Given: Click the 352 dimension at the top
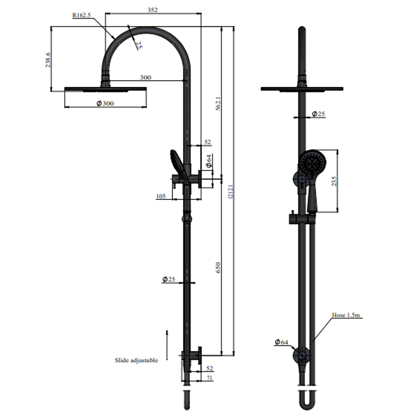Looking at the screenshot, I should coord(153,10).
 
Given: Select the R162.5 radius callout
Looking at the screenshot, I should coord(81,15).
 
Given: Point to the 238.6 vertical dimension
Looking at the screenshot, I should coord(48,60).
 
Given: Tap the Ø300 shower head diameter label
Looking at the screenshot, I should coord(105,103).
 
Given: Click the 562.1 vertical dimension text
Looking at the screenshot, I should coord(218,103).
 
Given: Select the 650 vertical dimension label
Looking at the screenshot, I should coord(218,267).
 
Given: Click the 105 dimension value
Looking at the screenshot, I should coord(161,196).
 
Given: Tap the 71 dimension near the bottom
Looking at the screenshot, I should coord(209,378).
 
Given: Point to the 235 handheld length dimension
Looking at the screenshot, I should coord(334,181).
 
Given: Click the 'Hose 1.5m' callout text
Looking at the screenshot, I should coord(346,315).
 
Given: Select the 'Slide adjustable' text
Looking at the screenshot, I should coord(136,360).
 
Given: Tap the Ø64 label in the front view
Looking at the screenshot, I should coord(281,342).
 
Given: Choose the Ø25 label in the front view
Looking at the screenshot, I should coord(319,114).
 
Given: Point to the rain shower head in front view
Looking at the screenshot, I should coord(302,89).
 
